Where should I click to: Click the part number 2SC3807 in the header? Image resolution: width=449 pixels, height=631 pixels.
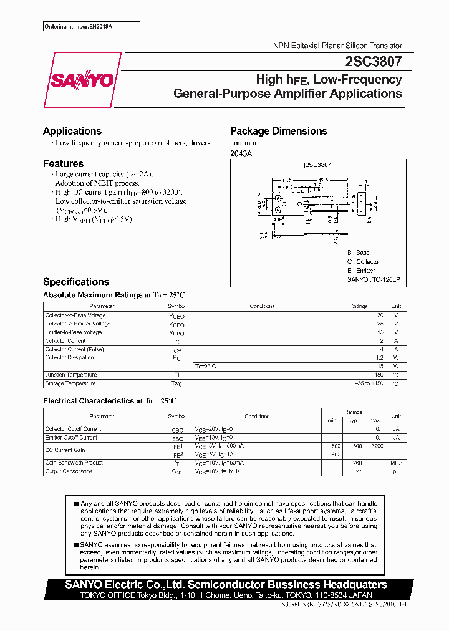(x=373, y=62)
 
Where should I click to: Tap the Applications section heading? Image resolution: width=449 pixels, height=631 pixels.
(x=72, y=131)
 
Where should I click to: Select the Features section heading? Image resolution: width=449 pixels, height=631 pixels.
(x=63, y=163)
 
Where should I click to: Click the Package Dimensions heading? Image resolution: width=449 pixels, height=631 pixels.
(x=278, y=131)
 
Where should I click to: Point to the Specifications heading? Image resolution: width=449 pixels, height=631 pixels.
(x=76, y=282)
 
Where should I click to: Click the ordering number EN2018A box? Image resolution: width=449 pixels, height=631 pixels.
(x=81, y=28)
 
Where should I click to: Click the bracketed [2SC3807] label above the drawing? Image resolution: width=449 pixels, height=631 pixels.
(x=318, y=165)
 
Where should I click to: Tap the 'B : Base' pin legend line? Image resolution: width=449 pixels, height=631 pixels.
(x=359, y=253)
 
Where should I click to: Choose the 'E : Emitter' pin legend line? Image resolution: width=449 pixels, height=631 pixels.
(x=361, y=271)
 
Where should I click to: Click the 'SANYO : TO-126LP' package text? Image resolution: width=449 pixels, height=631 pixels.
(x=373, y=280)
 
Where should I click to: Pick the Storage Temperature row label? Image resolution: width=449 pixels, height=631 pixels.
(x=70, y=383)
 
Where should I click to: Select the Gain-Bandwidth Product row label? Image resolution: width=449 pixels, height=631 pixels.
(x=74, y=463)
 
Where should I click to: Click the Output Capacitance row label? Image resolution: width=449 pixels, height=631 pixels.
(x=69, y=471)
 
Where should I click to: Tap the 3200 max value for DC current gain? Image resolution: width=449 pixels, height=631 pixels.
(x=377, y=446)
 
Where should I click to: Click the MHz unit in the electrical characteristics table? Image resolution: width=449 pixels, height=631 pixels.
(x=395, y=463)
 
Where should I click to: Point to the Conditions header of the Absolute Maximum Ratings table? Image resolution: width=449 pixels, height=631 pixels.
(x=262, y=306)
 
